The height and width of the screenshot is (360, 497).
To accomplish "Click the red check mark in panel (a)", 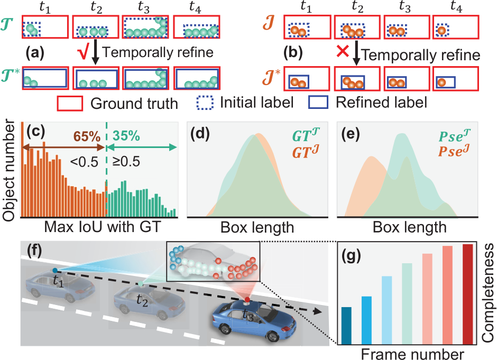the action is click(x=84, y=53).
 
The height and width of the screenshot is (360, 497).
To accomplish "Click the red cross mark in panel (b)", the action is click(x=343, y=51).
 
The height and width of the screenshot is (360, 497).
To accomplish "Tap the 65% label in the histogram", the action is click(x=87, y=136).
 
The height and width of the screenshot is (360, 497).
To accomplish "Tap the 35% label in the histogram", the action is click(x=126, y=136).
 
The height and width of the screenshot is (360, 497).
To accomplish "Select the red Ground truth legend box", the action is click(x=70, y=104).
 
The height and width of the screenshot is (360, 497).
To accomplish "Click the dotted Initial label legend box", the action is click(x=205, y=103).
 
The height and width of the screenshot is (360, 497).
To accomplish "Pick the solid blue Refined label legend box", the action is click(x=318, y=103).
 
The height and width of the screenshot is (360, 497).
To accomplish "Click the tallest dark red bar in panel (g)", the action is click(x=467, y=294).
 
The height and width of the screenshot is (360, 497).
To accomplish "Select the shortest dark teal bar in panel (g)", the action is click(x=347, y=326).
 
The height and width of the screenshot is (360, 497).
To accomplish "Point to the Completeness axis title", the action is click(x=487, y=292).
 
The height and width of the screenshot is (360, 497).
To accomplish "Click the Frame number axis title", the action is click(x=412, y=354).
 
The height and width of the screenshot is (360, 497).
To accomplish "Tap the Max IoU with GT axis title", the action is click(x=103, y=227).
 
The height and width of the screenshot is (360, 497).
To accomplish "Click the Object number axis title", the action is click(x=8, y=171).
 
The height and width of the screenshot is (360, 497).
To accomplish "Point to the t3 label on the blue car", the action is click(x=248, y=316).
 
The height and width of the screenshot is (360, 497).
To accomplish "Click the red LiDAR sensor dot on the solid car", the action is click(x=247, y=300).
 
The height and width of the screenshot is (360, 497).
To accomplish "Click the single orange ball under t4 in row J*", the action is click(x=441, y=82).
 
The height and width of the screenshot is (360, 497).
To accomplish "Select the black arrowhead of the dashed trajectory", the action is click(x=318, y=311).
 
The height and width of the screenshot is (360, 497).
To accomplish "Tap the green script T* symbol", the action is click(x=10, y=75).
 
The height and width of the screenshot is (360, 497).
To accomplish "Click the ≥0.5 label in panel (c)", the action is click(x=126, y=162).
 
